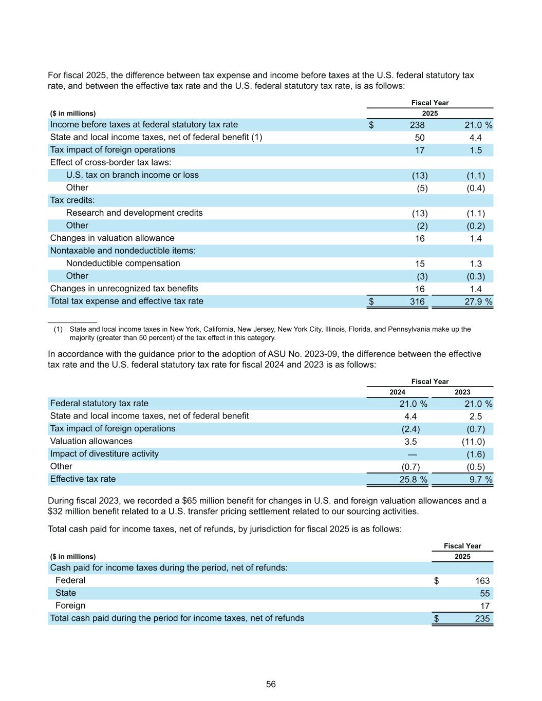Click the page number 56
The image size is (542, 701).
click(271, 684)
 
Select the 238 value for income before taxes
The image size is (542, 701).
click(417, 125)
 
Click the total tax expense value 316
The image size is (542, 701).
click(417, 301)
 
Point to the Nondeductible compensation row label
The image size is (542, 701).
click(123, 263)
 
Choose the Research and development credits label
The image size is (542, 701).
click(134, 213)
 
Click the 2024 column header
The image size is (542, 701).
click(397, 392)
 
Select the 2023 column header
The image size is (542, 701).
click(462, 392)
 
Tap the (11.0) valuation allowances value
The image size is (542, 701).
click(473, 442)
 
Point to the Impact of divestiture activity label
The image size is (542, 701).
click(104, 454)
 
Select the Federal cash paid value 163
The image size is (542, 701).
click(482, 581)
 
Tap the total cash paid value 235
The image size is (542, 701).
click(482, 618)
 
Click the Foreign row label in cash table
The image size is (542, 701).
click(70, 606)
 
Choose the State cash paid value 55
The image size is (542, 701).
click(484, 593)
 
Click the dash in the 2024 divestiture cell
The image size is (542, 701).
click(412, 454)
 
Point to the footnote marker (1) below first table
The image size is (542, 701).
click(58, 329)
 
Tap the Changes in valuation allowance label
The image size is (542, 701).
click(112, 238)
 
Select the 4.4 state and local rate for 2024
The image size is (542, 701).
click(410, 416)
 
